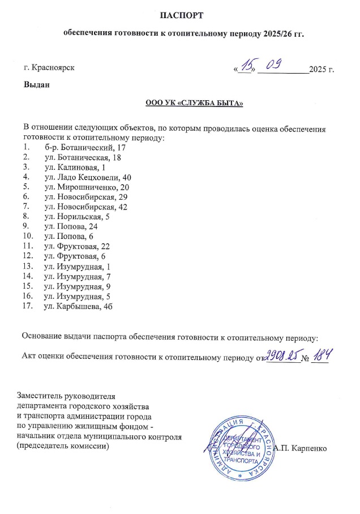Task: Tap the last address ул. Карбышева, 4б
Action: tap(78, 306)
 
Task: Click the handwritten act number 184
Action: tap(320, 355)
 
